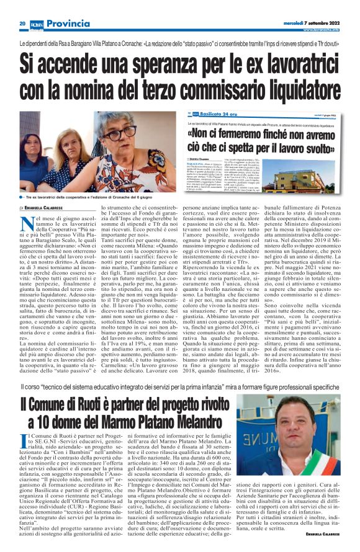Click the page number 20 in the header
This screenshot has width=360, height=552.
(x=21, y=23)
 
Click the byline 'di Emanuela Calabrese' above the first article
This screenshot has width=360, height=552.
(x=43, y=207)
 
